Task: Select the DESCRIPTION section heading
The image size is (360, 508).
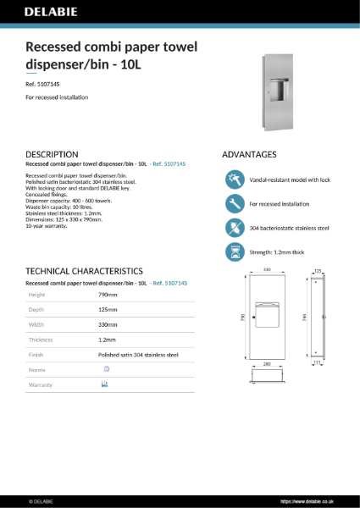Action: pos(53,155)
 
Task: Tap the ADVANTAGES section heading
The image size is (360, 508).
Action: pos(249,155)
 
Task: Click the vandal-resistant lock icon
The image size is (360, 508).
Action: pos(233,179)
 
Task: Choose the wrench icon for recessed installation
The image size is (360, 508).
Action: pos(233,203)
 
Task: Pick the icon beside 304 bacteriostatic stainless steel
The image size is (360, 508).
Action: pos(233,227)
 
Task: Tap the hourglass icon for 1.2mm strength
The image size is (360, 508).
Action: pos(233,251)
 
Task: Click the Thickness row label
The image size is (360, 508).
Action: pos(41,340)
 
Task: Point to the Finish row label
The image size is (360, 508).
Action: pos(36,355)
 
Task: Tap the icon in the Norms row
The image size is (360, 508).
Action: pos(106,369)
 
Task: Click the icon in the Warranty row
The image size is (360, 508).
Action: pos(105,384)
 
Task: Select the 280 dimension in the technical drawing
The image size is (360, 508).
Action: pos(267,365)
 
